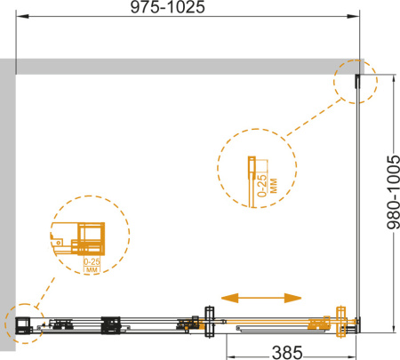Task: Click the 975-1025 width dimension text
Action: tap(167, 7)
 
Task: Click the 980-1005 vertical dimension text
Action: tap(394, 192)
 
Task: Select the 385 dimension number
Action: tap(287, 353)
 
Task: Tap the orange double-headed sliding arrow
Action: tap(261, 298)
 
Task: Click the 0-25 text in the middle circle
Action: tap(262, 186)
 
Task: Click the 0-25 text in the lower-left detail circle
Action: tap(92, 261)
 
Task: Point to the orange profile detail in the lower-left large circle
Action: tap(78, 239)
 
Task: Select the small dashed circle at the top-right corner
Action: tap(356, 82)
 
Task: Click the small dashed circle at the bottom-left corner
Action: tap(25, 324)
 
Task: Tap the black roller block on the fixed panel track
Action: tap(111, 325)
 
